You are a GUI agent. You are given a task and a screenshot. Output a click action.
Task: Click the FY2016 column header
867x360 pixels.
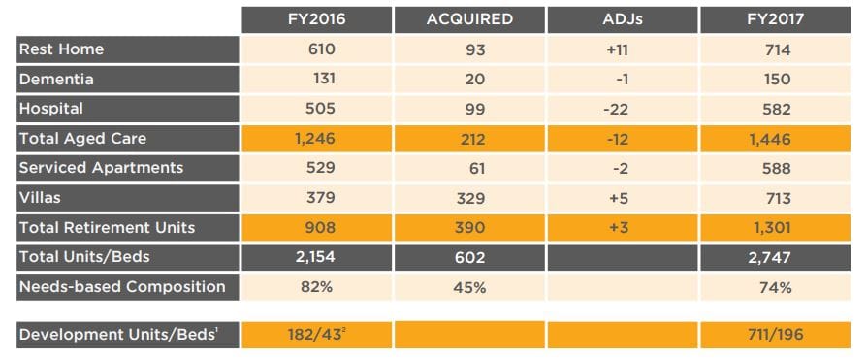click(316, 19)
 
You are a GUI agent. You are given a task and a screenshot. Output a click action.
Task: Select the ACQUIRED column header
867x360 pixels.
click(468, 19)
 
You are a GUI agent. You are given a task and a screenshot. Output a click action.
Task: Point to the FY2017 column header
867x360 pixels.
click(777, 19)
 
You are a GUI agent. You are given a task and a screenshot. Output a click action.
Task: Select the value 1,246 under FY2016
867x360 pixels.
click(315, 139)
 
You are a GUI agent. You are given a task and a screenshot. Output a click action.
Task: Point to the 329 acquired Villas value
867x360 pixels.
click(468, 198)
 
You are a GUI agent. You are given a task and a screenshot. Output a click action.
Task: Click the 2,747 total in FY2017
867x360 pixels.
click(777, 257)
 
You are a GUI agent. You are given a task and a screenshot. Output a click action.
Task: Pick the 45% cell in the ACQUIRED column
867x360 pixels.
click(468, 287)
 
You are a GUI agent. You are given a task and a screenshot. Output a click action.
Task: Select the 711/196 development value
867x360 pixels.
click(777, 336)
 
